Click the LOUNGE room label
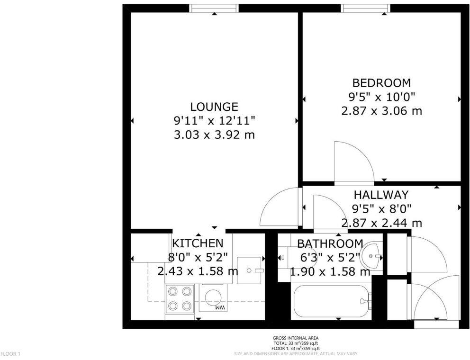pyautogui.click(x=214, y=107)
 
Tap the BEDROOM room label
pyautogui.click(x=381, y=83)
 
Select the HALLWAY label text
pyautogui.click(x=381, y=195)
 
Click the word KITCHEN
pyautogui.click(x=197, y=243)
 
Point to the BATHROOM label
pyautogui.click(x=330, y=243)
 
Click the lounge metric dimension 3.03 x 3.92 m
pyautogui.click(x=214, y=135)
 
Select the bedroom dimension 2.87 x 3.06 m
pyautogui.click(x=381, y=111)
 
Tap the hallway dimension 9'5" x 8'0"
pyautogui.click(x=381, y=208)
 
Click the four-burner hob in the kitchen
pyautogui.click(x=180, y=299)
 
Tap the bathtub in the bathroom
pyautogui.click(x=331, y=301)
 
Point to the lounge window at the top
pyautogui.click(x=214, y=8)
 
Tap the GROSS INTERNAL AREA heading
pyautogui.click(x=295, y=338)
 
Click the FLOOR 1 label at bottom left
pyautogui.click(x=10, y=354)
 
